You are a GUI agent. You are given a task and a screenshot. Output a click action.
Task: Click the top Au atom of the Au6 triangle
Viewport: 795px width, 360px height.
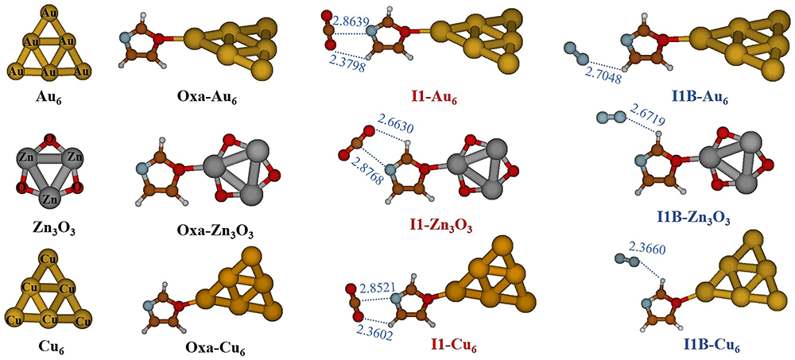click(x=49, y=11)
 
